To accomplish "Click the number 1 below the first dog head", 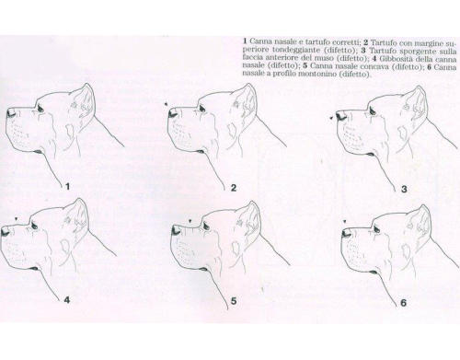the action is tap(68, 186).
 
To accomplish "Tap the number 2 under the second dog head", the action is tap(234, 188).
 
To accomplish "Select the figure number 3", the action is tap(404, 189).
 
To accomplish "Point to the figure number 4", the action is tap(67, 299).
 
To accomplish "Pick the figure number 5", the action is tap(234, 301).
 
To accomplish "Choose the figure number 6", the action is tap(403, 303).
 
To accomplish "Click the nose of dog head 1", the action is tap(11, 113).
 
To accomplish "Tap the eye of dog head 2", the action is tap(201, 108).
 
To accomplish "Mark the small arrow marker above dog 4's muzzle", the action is tap(17, 218).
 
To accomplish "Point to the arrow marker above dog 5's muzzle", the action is tap(190, 220).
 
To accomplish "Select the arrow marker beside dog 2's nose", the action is tap(166, 104).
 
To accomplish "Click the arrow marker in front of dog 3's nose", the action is tap(331, 118).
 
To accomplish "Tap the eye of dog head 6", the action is tap(376, 228).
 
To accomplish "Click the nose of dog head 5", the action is tap(176, 230).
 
